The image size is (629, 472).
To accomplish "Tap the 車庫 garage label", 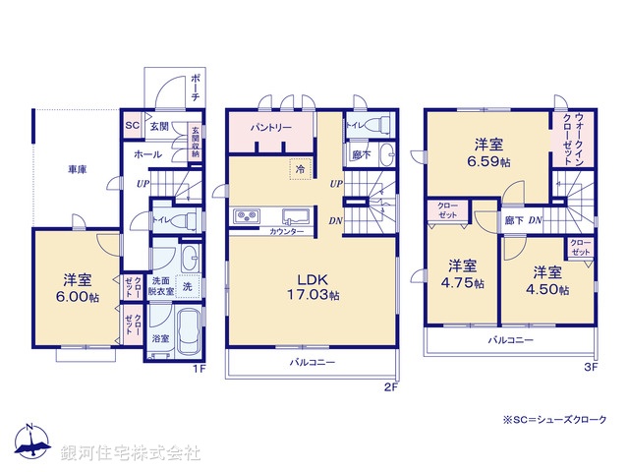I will tap(77, 170).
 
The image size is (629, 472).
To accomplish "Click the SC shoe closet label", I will tap(131, 126).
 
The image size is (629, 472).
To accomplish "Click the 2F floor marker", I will tap(389, 386).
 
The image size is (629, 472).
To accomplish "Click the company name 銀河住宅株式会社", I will tap(131, 453).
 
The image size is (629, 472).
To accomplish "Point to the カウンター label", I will tap(286, 230).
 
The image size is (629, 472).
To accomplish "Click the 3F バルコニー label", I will tap(510, 339).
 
